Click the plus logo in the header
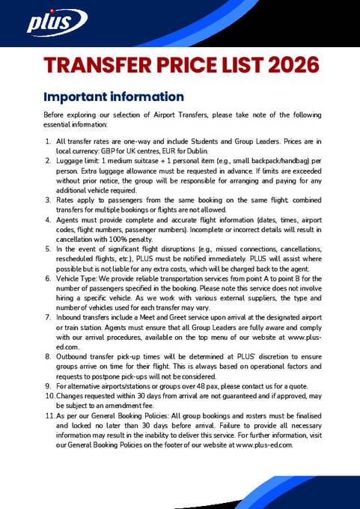click(x=48, y=23)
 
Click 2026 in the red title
click(x=286, y=66)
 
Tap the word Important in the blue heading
click(x=76, y=97)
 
